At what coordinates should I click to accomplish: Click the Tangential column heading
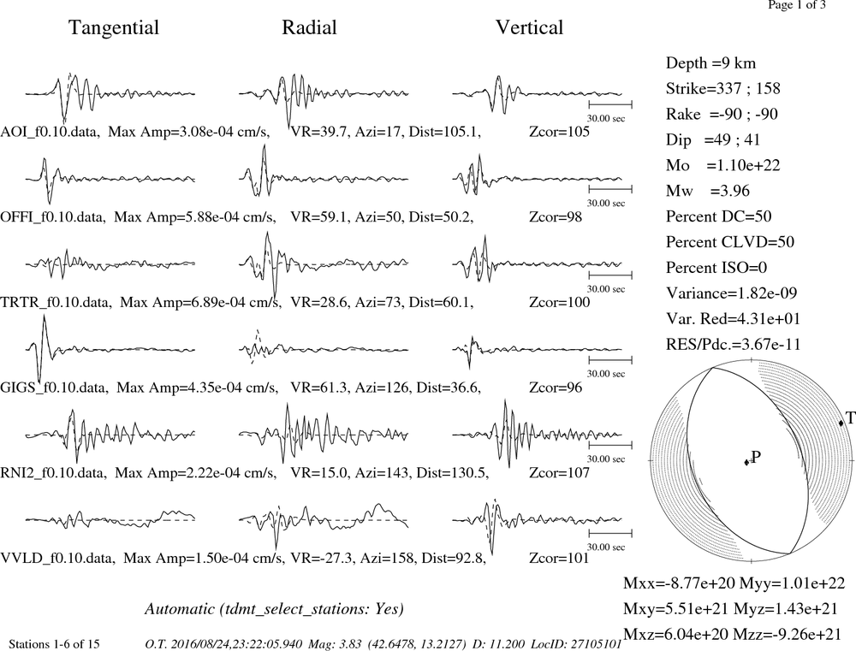114,28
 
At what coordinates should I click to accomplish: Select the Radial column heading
309,27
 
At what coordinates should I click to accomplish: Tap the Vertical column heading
529,27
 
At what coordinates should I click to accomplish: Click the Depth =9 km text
710,63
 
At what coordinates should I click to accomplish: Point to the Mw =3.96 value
708,191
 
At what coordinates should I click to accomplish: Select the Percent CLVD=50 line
730,242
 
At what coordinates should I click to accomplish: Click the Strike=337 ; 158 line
722,89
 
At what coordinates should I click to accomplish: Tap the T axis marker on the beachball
841,423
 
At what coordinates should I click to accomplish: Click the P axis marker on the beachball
746,462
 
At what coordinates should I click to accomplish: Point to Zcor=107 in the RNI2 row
560,472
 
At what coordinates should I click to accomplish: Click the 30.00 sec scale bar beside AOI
610,104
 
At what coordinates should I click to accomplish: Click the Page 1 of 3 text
796,5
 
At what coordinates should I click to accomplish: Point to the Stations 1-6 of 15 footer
54,644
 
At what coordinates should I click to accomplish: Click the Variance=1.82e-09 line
732,293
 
